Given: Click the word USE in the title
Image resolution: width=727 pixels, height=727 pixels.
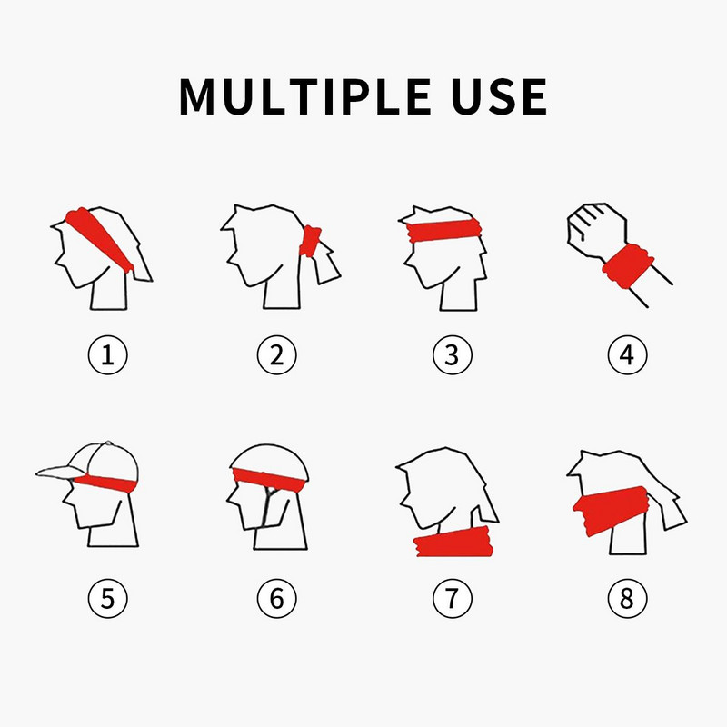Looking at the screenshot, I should [x=499, y=96].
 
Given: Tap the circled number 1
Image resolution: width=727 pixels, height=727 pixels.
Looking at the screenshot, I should [x=107, y=355].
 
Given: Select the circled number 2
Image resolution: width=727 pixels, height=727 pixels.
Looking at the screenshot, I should [x=276, y=355].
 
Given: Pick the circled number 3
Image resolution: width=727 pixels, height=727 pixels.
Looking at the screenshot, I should [x=452, y=355].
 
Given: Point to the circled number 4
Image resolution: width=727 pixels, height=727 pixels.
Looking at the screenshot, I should [x=626, y=355].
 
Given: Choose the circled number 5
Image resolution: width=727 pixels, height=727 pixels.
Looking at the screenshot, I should [x=107, y=598].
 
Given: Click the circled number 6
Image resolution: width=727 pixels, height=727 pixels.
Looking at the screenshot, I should [x=276, y=598].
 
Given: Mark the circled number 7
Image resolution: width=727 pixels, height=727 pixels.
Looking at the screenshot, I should [x=452, y=598].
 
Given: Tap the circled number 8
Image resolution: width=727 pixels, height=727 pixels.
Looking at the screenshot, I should [x=626, y=598].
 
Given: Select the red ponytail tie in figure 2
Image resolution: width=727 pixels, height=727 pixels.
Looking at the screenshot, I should [x=312, y=240].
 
